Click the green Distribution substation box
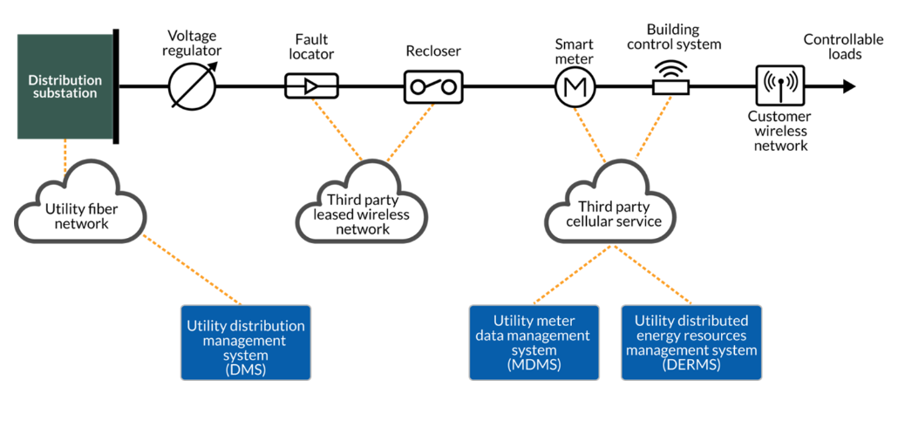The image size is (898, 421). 65,86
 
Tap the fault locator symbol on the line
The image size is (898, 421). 310,86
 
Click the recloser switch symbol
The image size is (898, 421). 433,86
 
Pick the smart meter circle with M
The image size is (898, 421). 575,86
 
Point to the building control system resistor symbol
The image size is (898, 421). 671,86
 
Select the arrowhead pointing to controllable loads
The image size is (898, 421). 848,86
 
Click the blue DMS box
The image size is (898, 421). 246,343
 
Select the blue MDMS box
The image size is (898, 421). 534,343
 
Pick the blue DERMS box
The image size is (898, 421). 691,343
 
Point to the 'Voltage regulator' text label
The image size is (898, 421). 194,44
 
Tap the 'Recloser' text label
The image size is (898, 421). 432,51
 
